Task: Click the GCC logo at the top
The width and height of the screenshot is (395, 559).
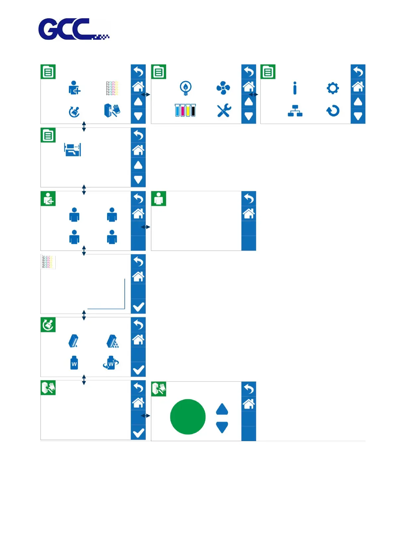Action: pyautogui.click(x=74, y=29)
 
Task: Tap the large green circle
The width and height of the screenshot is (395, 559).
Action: pyautogui.click(x=188, y=417)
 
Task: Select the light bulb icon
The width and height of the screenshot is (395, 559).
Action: pyautogui.click(x=185, y=88)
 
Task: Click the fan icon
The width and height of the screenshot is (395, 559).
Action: pyautogui.click(x=223, y=88)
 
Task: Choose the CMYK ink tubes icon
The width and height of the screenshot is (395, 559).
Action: pyautogui.click(x=185, y=110)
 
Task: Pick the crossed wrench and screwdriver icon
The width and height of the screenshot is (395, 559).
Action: pyautogui.click(x=224, y=110)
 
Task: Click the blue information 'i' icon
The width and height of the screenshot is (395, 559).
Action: pyautogui.click(x=295, y=88)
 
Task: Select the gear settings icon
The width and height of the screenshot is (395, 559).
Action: pyautogui.click(x=333, y=88)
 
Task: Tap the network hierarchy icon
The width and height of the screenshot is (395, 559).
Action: pyautogui.click(x=295, y=111)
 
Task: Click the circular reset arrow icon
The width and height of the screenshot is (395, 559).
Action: pyautogui.click(x=333, y=111)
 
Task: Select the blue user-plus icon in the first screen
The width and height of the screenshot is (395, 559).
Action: pyautogui.click(x=75, y=88)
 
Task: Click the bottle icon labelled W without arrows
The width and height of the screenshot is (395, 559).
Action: pyautogui.click(x=74, y=363)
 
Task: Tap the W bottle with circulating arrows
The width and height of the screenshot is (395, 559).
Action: pyautogui.click(x=111, y=363)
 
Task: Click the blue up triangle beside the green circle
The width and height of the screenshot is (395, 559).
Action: pyautogui.click(x=222, y=409)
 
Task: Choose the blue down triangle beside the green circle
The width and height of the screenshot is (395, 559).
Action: pyautogui.click(x=222, y=427)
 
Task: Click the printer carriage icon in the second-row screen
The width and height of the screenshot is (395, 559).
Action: pyautogui.click(x=73, y=150)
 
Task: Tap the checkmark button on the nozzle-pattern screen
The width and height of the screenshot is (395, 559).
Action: pyautogui.click(x=138, y=307)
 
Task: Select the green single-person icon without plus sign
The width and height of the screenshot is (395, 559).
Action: pyautogui.click(x=159, y=199)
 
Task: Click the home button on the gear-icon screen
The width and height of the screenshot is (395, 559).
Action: pyautogui.click(x=358, y=87)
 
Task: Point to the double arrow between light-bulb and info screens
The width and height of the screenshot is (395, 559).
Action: pyautogui.click(x=253, y=95)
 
